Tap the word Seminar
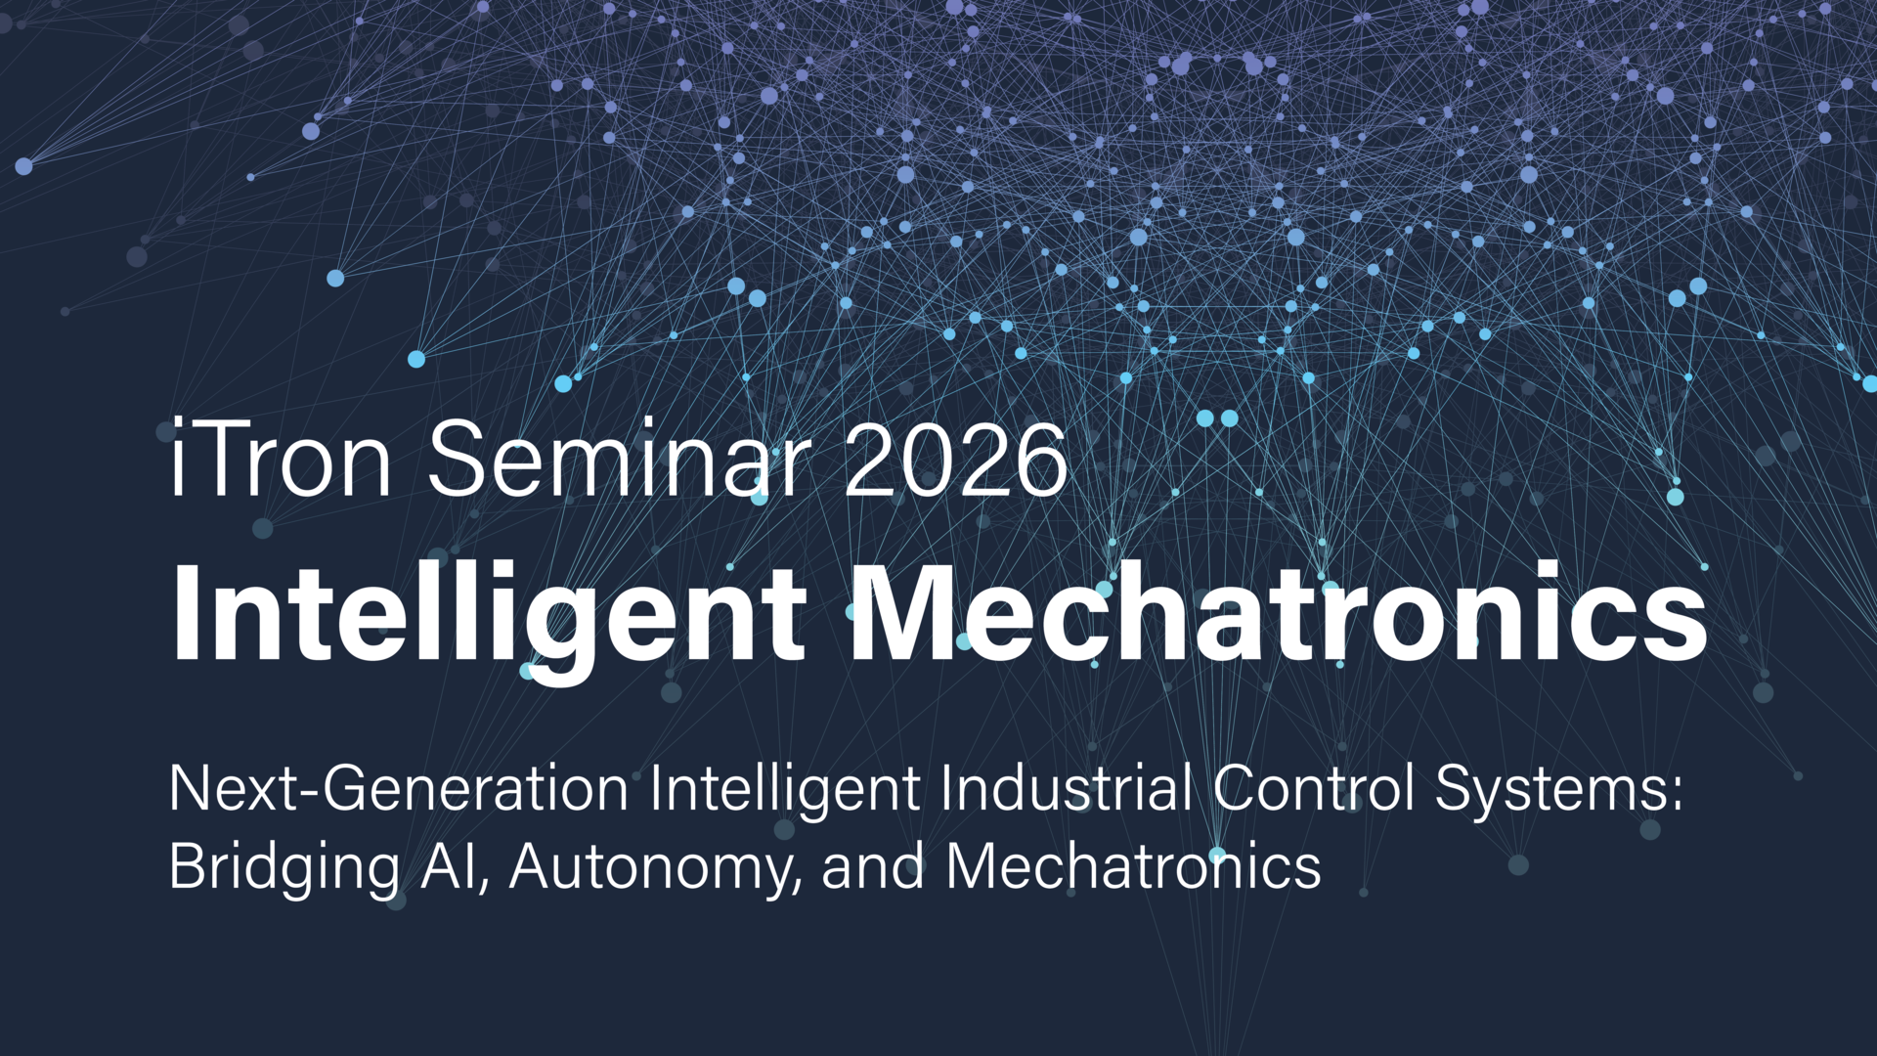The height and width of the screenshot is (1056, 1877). (620, 460)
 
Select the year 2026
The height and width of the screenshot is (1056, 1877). (956, 460)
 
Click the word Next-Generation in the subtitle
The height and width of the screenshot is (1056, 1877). (399, 788)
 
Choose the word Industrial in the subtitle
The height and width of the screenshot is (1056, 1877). (1067, 788)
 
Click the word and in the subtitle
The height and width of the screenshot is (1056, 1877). (873, 866)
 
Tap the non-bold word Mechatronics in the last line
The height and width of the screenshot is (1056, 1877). (1134, 866)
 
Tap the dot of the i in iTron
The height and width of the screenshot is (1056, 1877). (177, 423)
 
